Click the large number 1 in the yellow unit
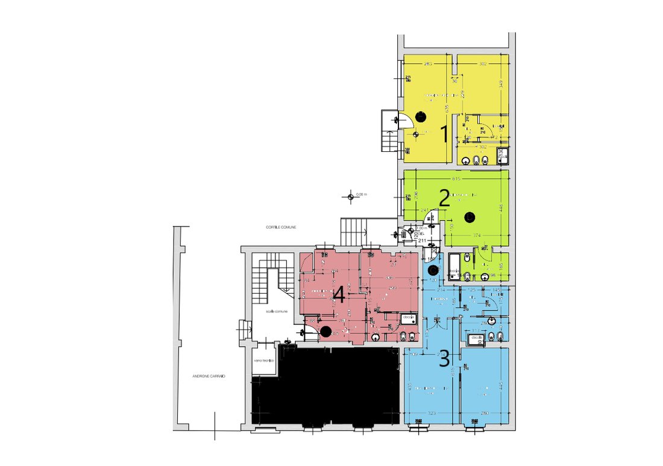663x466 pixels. pyautogui.click(x=445, y=134)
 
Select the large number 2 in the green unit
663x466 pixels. pyautogui.click(x=444, y=199)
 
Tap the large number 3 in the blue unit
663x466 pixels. pyautogui.click(x=444, y=359)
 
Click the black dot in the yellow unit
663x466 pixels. pyautogui.click(x=420, y=117)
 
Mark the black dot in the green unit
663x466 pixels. pyautogui.click(x=470, y=216)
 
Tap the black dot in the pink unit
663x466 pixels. pyautogui.click(x=325, y=330)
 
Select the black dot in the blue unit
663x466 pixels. pyautogui.click(x=433, y=271)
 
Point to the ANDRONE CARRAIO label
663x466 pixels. pyautogui.click(x=208, y=376)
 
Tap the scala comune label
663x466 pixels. pyautogui.click(x=280, y=312)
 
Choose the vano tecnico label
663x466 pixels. pyautogui.click(x=264, y=361)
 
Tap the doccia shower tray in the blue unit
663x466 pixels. pyautogui.click(x=473, y=341)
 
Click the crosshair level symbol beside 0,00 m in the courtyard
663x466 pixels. pyautogui.click(x=350, y=195)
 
